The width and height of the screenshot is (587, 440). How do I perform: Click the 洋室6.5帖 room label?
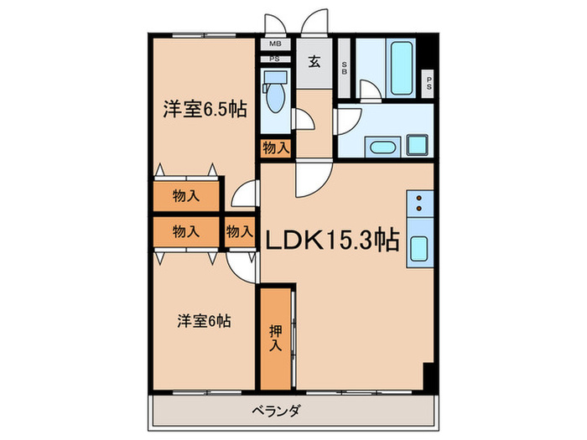(205, 110)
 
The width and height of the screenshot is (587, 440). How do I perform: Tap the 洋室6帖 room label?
(204, 320)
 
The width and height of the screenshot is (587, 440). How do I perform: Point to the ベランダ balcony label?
(274, 411)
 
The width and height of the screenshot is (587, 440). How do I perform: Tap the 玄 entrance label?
(313, 61)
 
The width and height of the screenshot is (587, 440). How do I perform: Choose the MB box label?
(273, 44)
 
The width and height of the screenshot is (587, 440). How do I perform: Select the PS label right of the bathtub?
(429, 82)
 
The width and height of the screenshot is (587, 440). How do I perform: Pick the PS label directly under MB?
(273, 59)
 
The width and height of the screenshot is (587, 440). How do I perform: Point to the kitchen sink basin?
(419, 249)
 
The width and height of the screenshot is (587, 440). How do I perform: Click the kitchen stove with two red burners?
(419, 204)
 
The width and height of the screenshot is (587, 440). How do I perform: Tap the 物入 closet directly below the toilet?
(275, 148)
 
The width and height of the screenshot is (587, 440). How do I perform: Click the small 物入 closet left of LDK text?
(239, 230)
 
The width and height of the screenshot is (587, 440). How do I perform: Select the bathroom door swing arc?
(370, 89)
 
